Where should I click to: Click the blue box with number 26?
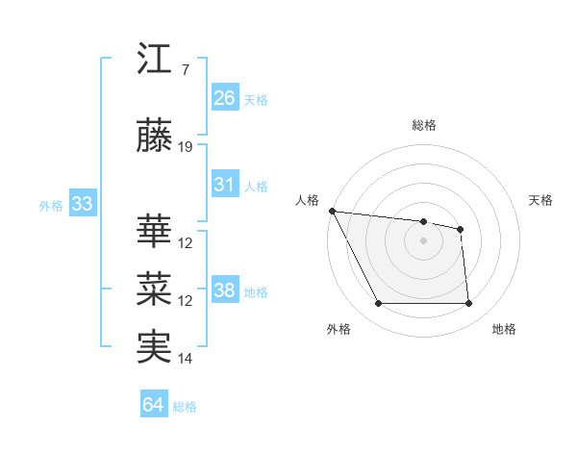tap(225, 97)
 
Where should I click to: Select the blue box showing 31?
tap(225, 185)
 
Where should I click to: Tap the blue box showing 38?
tap(225, 290)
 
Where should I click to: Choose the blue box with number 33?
tap(82, 204)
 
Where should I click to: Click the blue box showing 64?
tap(154, 405)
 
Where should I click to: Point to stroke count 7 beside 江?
tap(185, 69)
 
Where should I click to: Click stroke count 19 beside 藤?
tap(186, 147)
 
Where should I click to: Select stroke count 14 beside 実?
tap(186, 359)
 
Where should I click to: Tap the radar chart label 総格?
tap(423, 125)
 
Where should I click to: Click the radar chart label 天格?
tap(541, 200)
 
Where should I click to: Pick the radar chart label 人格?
tap(308, 200)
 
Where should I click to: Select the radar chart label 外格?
tap(339, 329)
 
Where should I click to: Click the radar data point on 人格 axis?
tap(332, 211)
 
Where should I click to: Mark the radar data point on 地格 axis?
tap(468, 304)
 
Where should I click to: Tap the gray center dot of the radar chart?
tap(423, 240)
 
